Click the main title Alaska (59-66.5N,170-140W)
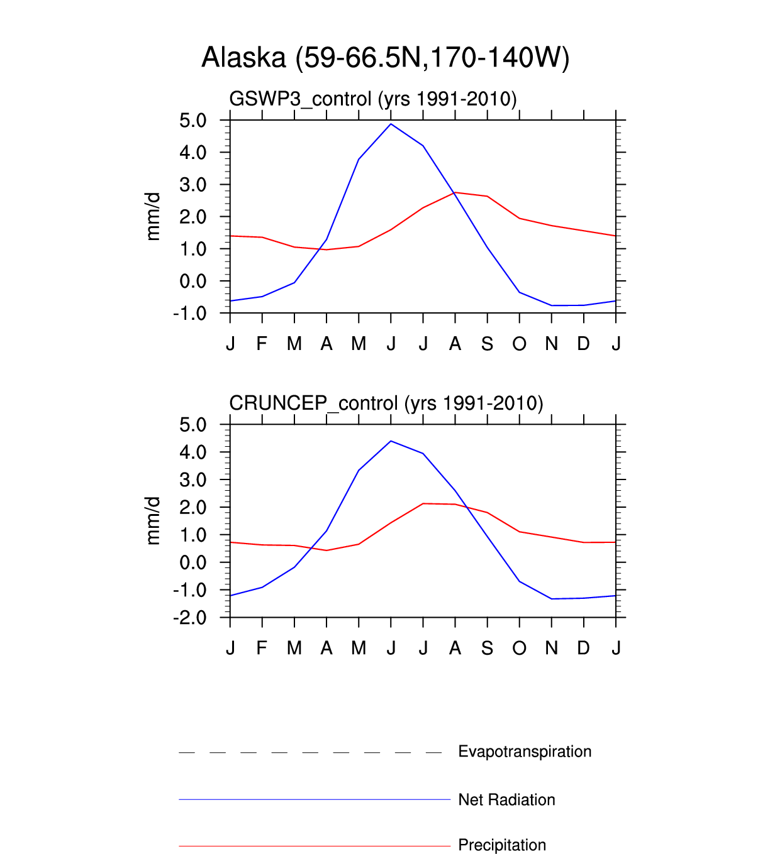point(385,58)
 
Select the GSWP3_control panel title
point(372,99)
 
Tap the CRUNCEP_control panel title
point(386,403)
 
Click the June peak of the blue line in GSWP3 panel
point(391,124)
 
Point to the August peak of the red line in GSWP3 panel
point(455,192)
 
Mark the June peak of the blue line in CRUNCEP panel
point(391,441)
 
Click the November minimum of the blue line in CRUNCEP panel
point(552,599)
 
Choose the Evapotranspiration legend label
point(525,752)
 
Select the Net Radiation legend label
point(506,800)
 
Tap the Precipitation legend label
point(502,845)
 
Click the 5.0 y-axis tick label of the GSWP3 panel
point(192,121)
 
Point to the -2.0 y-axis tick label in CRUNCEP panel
point(190,618)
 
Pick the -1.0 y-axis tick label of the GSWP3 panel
point(190,313)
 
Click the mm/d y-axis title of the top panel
point(153,217)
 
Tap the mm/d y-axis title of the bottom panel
point(153,521)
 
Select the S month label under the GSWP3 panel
point(487,344)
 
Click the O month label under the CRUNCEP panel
point(519,648)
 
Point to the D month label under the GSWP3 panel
point(584,344)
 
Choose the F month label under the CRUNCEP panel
point(262,648)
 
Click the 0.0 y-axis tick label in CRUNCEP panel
point(192,562)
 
